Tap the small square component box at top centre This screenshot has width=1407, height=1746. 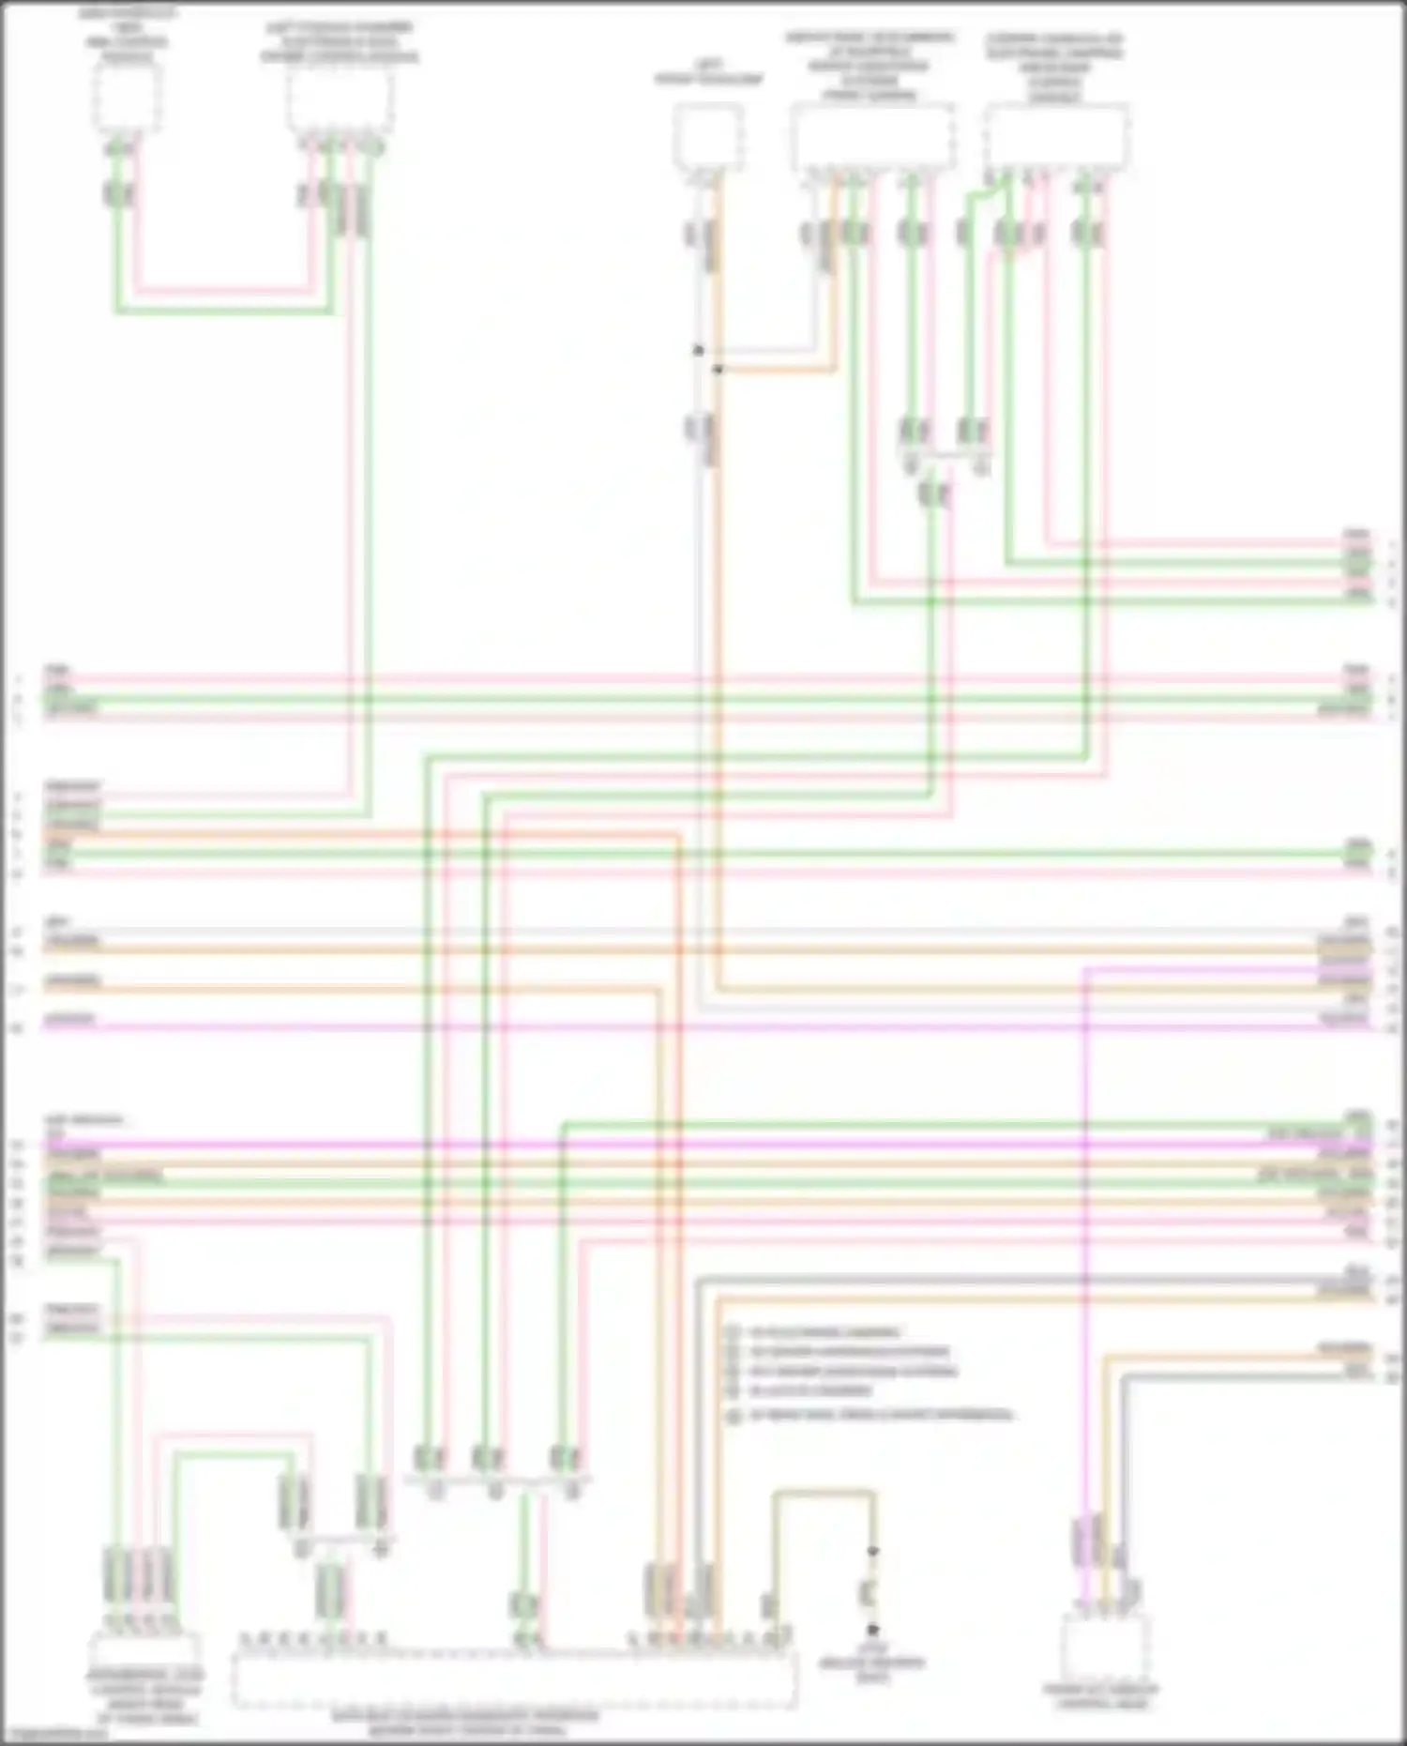pyautogui.click(x=708, y=138)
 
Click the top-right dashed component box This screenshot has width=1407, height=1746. pyautogui.click(x=1057, y=137)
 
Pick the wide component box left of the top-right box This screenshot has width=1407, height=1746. pyautogui.click(x=872, y=137)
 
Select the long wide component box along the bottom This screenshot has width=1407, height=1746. pyautogui.click(x=514, y=1678)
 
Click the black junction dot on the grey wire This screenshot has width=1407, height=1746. pyautogui.click(x=698, y=351)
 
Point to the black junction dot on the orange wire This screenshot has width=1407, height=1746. pyautogui.click(x=718, y=370)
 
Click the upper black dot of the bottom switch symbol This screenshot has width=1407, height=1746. pyautogui.click(x=872, y=1551)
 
